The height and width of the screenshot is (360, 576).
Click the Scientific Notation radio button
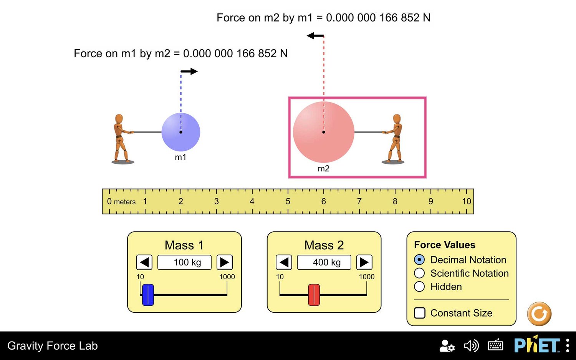(419, 273)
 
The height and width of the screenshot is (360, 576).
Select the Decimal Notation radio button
(419, 260)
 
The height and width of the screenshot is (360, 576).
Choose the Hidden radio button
(419, 286)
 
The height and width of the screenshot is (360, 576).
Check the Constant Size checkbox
(419, 313)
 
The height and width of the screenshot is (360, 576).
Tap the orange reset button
(539, 314)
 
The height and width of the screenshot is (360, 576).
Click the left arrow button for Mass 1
(144, 262)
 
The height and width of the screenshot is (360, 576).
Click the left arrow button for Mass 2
(284, 262)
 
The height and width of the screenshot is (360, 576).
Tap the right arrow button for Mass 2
(364, 262)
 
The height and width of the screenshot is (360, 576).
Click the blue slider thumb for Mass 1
(148, 295)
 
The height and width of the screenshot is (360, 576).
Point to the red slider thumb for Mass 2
(314, 295)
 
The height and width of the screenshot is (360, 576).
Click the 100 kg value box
(184, 262)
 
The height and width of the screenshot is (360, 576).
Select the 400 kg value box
(324, 262)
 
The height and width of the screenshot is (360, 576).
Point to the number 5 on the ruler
(288, 201)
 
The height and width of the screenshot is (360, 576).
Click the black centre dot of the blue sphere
(181, 132)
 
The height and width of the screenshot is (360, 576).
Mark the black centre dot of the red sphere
(324, 132)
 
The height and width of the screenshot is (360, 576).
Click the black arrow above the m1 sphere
(189, 71)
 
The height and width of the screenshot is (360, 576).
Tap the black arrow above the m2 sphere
(315, 35)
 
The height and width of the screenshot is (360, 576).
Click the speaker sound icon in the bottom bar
(471, 345)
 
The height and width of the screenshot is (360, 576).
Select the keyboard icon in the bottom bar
(495, 345)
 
